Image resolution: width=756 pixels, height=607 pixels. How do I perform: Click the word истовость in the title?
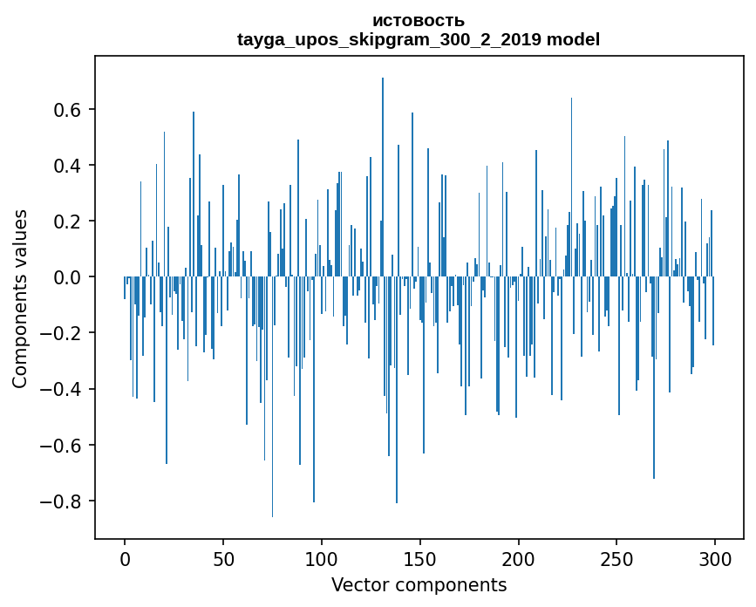[419, 21]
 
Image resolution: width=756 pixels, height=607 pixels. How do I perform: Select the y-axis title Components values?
[20, 298]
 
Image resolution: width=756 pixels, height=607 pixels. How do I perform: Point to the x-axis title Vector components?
[419, 584]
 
